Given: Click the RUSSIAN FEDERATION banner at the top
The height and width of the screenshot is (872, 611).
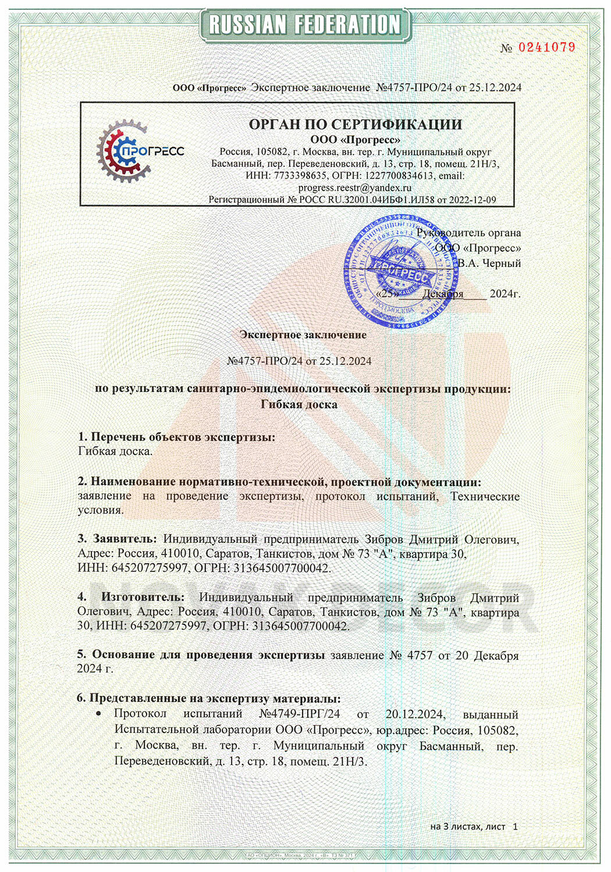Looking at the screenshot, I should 305,24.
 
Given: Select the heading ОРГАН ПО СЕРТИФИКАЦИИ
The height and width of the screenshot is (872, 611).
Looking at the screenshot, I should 355,124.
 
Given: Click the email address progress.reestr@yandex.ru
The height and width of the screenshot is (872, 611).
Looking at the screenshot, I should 355,187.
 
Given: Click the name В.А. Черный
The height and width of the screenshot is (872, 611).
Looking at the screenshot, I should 489,263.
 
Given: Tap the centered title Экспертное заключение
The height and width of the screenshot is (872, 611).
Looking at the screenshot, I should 303,335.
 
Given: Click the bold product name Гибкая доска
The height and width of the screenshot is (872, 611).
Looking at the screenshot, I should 299,404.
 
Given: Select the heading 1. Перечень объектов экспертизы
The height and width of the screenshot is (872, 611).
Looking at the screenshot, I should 176,437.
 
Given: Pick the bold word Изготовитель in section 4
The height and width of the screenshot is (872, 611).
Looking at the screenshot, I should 143,597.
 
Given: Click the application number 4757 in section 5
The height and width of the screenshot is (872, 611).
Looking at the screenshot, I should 419,655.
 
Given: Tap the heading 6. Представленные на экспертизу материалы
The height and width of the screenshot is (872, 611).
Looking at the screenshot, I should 209,698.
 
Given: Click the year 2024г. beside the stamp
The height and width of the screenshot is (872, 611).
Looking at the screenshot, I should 505,294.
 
